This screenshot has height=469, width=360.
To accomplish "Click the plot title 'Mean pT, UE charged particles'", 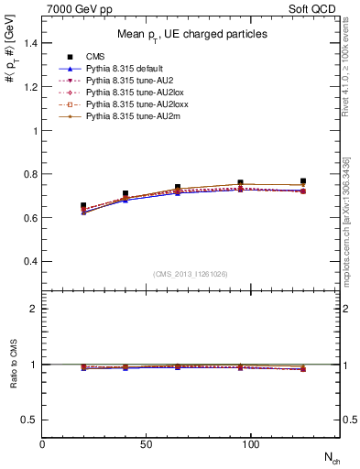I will tap(191, 34).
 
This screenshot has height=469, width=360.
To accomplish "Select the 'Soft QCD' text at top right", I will tap(315, 8).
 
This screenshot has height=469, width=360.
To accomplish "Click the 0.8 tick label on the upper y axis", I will tap(29, 174).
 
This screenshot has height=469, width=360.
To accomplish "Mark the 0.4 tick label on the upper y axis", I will tap(29, 262).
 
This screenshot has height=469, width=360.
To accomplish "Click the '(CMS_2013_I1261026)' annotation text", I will tap(191, 275).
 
